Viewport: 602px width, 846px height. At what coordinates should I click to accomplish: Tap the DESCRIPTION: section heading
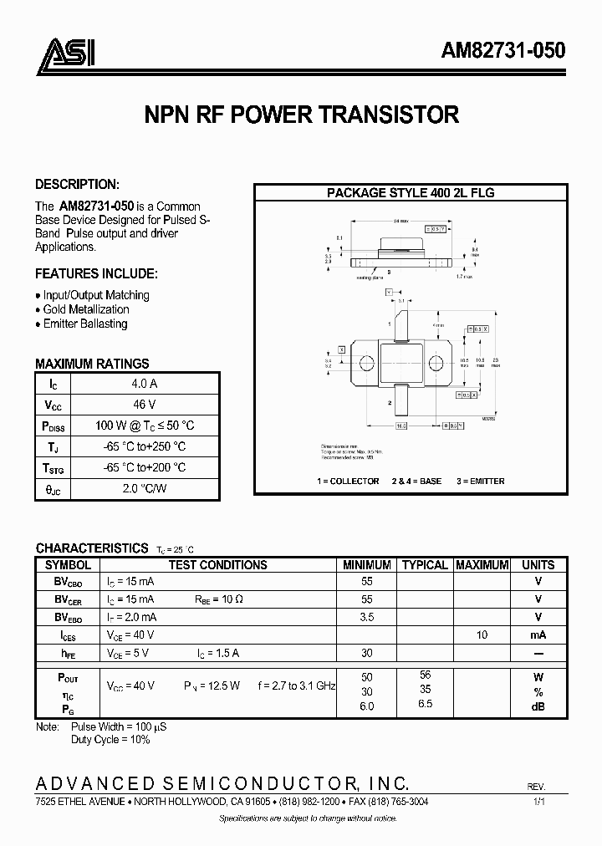77,184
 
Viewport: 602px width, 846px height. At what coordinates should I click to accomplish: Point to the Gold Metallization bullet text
86,309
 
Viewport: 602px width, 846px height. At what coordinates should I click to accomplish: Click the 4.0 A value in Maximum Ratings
145,384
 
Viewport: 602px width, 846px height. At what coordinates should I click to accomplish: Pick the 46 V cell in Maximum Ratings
145,405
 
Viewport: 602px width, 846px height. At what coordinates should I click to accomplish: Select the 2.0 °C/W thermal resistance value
145,488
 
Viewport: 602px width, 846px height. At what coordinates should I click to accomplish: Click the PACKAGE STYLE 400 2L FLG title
411,192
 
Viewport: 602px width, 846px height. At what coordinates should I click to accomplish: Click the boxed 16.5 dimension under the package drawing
401,426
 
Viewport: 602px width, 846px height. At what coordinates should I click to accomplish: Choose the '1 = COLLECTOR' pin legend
348,481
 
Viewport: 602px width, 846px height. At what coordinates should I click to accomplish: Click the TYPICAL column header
425,565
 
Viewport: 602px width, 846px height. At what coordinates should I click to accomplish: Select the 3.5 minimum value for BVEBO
366,617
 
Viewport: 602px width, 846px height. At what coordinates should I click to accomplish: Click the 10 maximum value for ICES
482,635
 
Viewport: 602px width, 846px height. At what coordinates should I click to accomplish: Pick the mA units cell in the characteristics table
538,635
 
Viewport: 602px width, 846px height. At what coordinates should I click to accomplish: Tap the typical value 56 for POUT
425,675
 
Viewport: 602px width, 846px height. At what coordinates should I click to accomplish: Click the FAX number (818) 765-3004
396,801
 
